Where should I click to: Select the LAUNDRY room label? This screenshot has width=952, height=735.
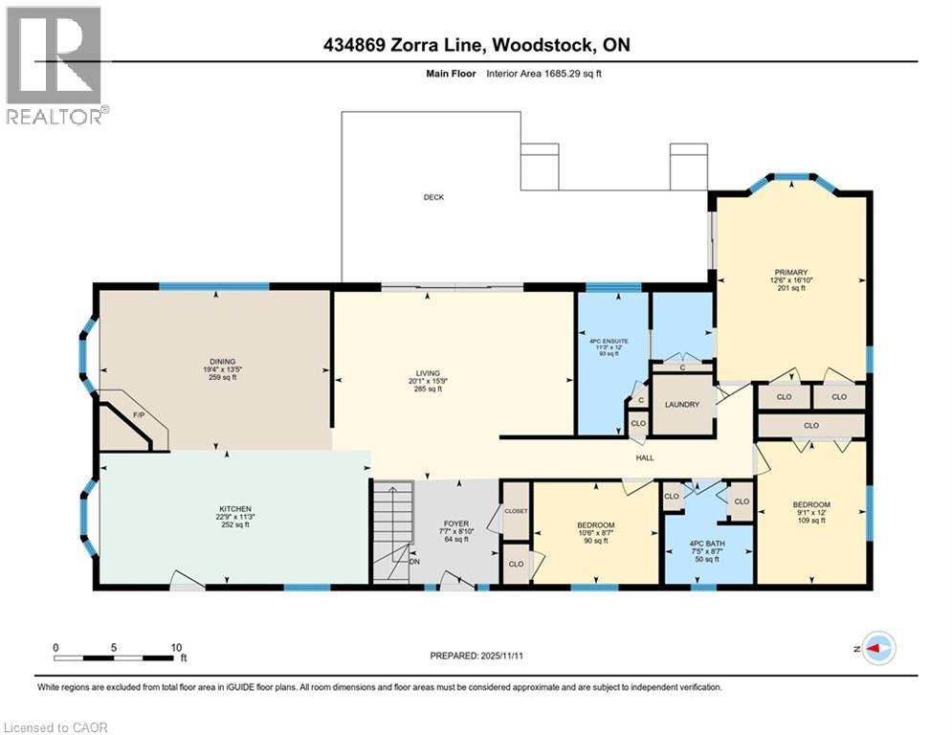(x=683, y=405)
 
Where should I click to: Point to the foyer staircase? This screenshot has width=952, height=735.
(x=391, y=530)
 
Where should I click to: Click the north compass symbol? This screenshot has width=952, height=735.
(x=877, y=648)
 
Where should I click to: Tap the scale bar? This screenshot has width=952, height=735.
(x=116, y=657)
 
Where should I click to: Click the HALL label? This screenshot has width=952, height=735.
(x=645, y=457)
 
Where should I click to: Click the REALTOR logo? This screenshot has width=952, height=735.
(x=55, y=64)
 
